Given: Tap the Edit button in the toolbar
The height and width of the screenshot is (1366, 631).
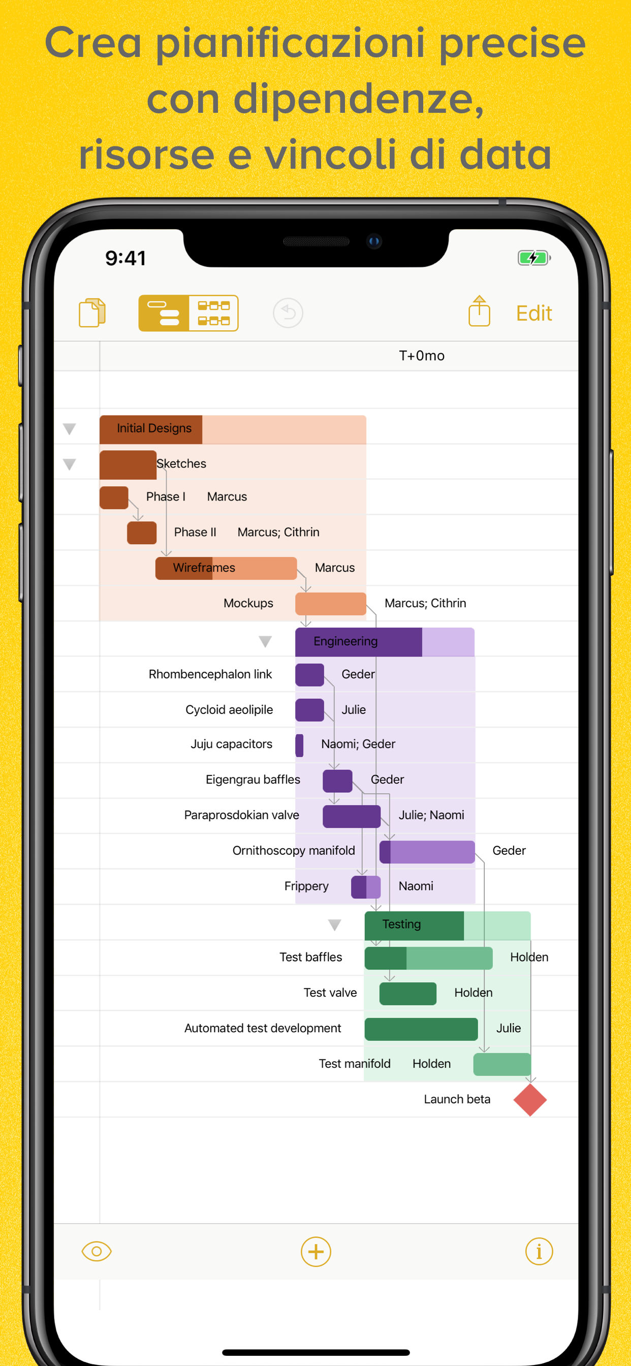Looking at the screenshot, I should click(x=533, y=314).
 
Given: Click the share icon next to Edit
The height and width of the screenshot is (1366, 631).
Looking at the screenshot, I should click(x=479, y=312).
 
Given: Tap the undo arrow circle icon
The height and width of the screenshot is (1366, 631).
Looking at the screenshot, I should click(x=288, y=313).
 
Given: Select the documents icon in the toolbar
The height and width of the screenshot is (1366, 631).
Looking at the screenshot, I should click(x=92, y=313).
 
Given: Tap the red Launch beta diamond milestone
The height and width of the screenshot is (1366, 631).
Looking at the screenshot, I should click(x=530, y=1100).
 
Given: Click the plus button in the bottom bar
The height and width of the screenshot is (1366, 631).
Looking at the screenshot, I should click(x=315, y=1252).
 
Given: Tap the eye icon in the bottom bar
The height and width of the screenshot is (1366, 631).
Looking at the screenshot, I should click(x=97, y=1252).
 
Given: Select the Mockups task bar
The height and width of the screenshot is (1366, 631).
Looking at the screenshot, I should click(x=330, y=603).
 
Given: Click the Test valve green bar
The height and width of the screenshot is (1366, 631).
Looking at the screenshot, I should click(x=407, y=993).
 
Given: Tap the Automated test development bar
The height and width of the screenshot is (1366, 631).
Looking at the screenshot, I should click(x=421, y=1029).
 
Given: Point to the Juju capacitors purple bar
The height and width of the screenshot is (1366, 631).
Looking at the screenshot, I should click(x=300, y=745).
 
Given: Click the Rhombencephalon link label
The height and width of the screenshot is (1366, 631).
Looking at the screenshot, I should click(x=210, y=674).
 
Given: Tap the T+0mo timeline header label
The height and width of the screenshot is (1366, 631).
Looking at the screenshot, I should click(x=422, y=356).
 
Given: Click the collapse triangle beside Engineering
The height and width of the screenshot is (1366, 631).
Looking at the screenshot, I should click(x=265, y=642).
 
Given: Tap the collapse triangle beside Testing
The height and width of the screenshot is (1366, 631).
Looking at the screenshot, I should click(x=334, y=925).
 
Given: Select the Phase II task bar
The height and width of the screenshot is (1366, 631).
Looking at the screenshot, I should click(x=142, y=533).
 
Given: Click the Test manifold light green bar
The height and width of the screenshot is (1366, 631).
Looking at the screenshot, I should click(x=501, y=1064).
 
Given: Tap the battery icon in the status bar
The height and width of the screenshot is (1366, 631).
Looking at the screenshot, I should click(x=533, y=258).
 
